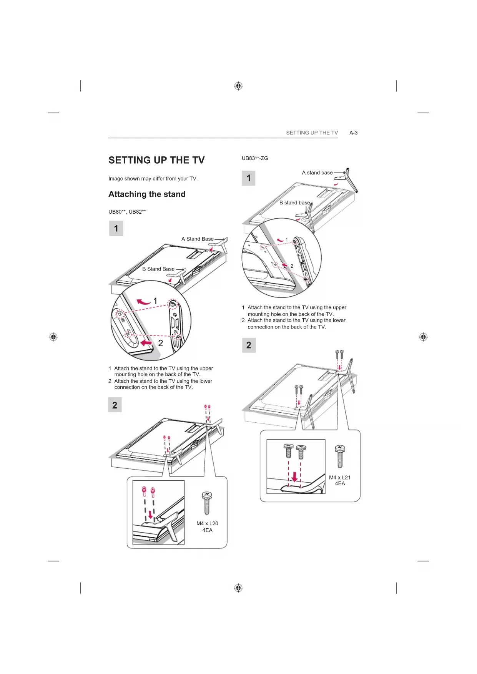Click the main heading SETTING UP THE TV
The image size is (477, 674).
[156, 160]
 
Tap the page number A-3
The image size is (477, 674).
[353, 133]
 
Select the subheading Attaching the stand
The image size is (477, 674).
[147, 194]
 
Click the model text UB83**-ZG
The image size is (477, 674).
[255, 158]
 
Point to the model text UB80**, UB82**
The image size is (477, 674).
[127, 212]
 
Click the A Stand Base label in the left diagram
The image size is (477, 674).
[197, 239]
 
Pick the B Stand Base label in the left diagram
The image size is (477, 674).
[158, 269]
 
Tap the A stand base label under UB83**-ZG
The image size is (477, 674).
[317, 173]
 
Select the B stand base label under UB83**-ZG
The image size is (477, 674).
[294, 203]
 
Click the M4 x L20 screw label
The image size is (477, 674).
[207, 524]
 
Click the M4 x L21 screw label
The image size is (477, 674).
[340, 478]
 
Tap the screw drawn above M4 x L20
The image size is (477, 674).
[207, 503]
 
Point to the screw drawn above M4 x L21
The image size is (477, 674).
[340, 456]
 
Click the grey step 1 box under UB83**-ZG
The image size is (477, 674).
[249, 178]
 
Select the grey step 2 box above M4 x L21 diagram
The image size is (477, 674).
[249, 345]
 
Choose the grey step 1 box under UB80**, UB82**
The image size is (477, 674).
[116, 229]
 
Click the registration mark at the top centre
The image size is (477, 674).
[238, 86]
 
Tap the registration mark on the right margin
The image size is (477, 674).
[423, 337]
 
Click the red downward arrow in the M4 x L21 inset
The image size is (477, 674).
[294, 476]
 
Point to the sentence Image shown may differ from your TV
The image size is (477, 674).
[153, 179]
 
